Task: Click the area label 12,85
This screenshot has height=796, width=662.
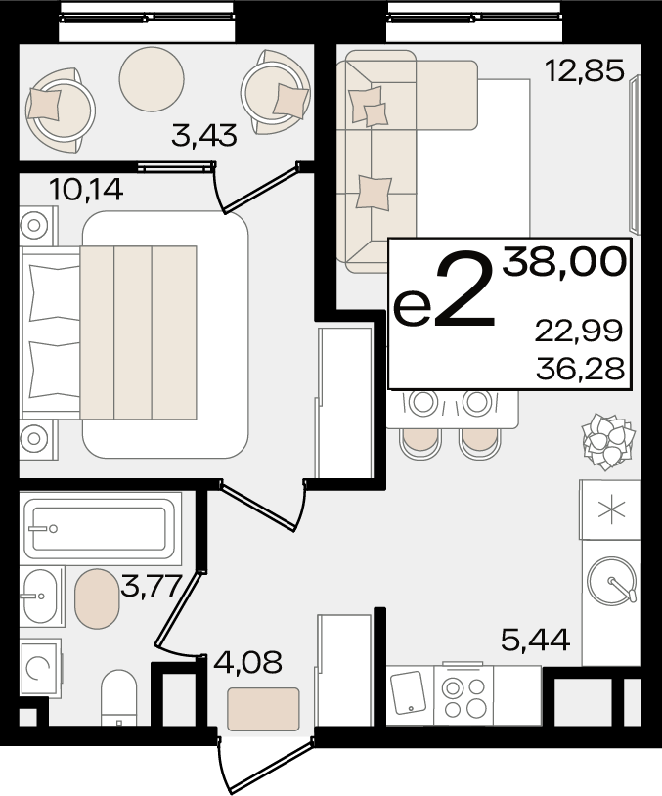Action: point(584,70)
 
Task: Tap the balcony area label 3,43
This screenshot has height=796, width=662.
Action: point(204,136)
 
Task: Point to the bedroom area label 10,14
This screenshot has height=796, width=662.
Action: point(86,190)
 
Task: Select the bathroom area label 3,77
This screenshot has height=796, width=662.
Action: point(151,587)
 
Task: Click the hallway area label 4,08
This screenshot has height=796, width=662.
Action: point(247,662)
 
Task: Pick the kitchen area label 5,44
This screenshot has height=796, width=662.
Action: point(536,640)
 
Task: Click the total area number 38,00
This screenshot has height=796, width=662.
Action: point(564,263)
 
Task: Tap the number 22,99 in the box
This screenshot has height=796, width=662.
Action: point(579,331)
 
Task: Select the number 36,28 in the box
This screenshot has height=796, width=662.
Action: point(580,369)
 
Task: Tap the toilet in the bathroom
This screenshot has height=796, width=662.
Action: point(118,699)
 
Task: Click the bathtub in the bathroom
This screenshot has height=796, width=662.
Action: point(100,529)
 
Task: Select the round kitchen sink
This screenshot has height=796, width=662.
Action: point(612,580)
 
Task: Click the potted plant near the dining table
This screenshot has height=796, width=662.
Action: point(608,441)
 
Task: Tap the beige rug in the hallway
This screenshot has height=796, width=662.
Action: point(263,709)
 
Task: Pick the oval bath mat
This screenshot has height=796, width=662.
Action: point(97,598)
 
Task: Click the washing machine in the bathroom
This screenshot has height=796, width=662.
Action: point(41,668)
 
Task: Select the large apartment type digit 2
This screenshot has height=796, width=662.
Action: point(464,290)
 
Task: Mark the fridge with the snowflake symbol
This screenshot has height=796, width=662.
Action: point(611,509)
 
